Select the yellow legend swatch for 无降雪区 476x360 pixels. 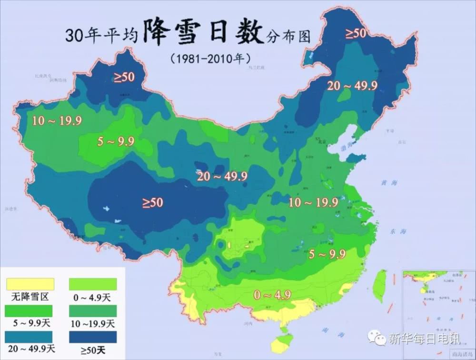pos(30,284)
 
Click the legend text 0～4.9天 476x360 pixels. pos(93,298)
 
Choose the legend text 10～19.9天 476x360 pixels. pos(93,324)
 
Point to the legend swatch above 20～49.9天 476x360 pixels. pos(30,337)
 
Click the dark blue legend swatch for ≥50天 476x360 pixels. pos(93,337)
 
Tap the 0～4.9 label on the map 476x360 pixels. pos(272,295)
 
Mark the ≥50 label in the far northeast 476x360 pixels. pos(355,33)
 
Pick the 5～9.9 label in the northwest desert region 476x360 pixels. pos(116,141)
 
